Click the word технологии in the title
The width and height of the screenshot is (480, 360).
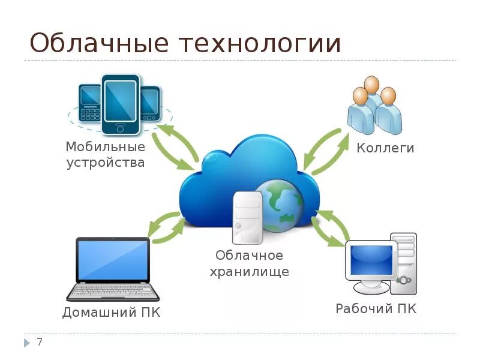click(259, 44)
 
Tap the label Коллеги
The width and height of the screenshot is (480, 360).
click(385, 148)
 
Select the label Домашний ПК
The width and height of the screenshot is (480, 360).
click(112, 313)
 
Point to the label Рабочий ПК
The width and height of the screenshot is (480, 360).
click(376, 309)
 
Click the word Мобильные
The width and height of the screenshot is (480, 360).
click(106, 147)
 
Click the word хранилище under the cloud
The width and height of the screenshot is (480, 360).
click(249, 271)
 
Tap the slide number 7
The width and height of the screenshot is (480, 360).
click(40, 343)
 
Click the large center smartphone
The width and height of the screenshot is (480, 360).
click(120, 103)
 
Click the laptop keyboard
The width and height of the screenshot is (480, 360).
click(113, 290)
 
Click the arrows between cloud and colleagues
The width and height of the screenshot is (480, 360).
click(325, 151)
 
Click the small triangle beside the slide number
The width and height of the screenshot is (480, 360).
click(26, 343)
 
